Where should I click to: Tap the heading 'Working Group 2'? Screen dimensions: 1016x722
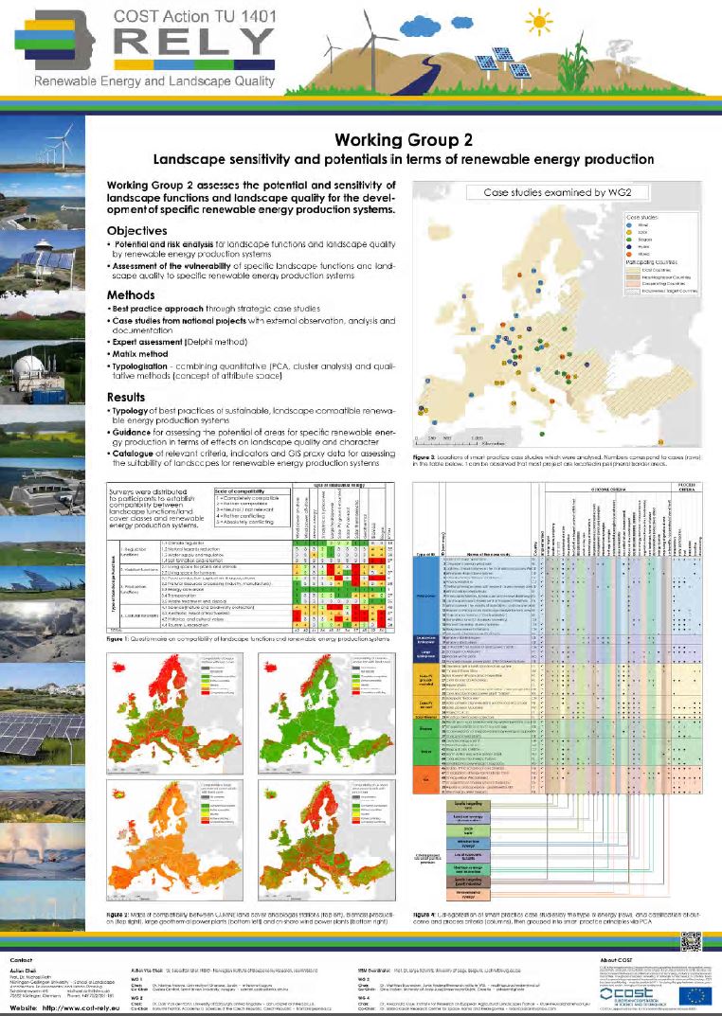coord(398,139)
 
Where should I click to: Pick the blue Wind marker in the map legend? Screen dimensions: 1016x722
coord(629,225)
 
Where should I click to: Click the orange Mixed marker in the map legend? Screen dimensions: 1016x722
coord(629,254)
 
